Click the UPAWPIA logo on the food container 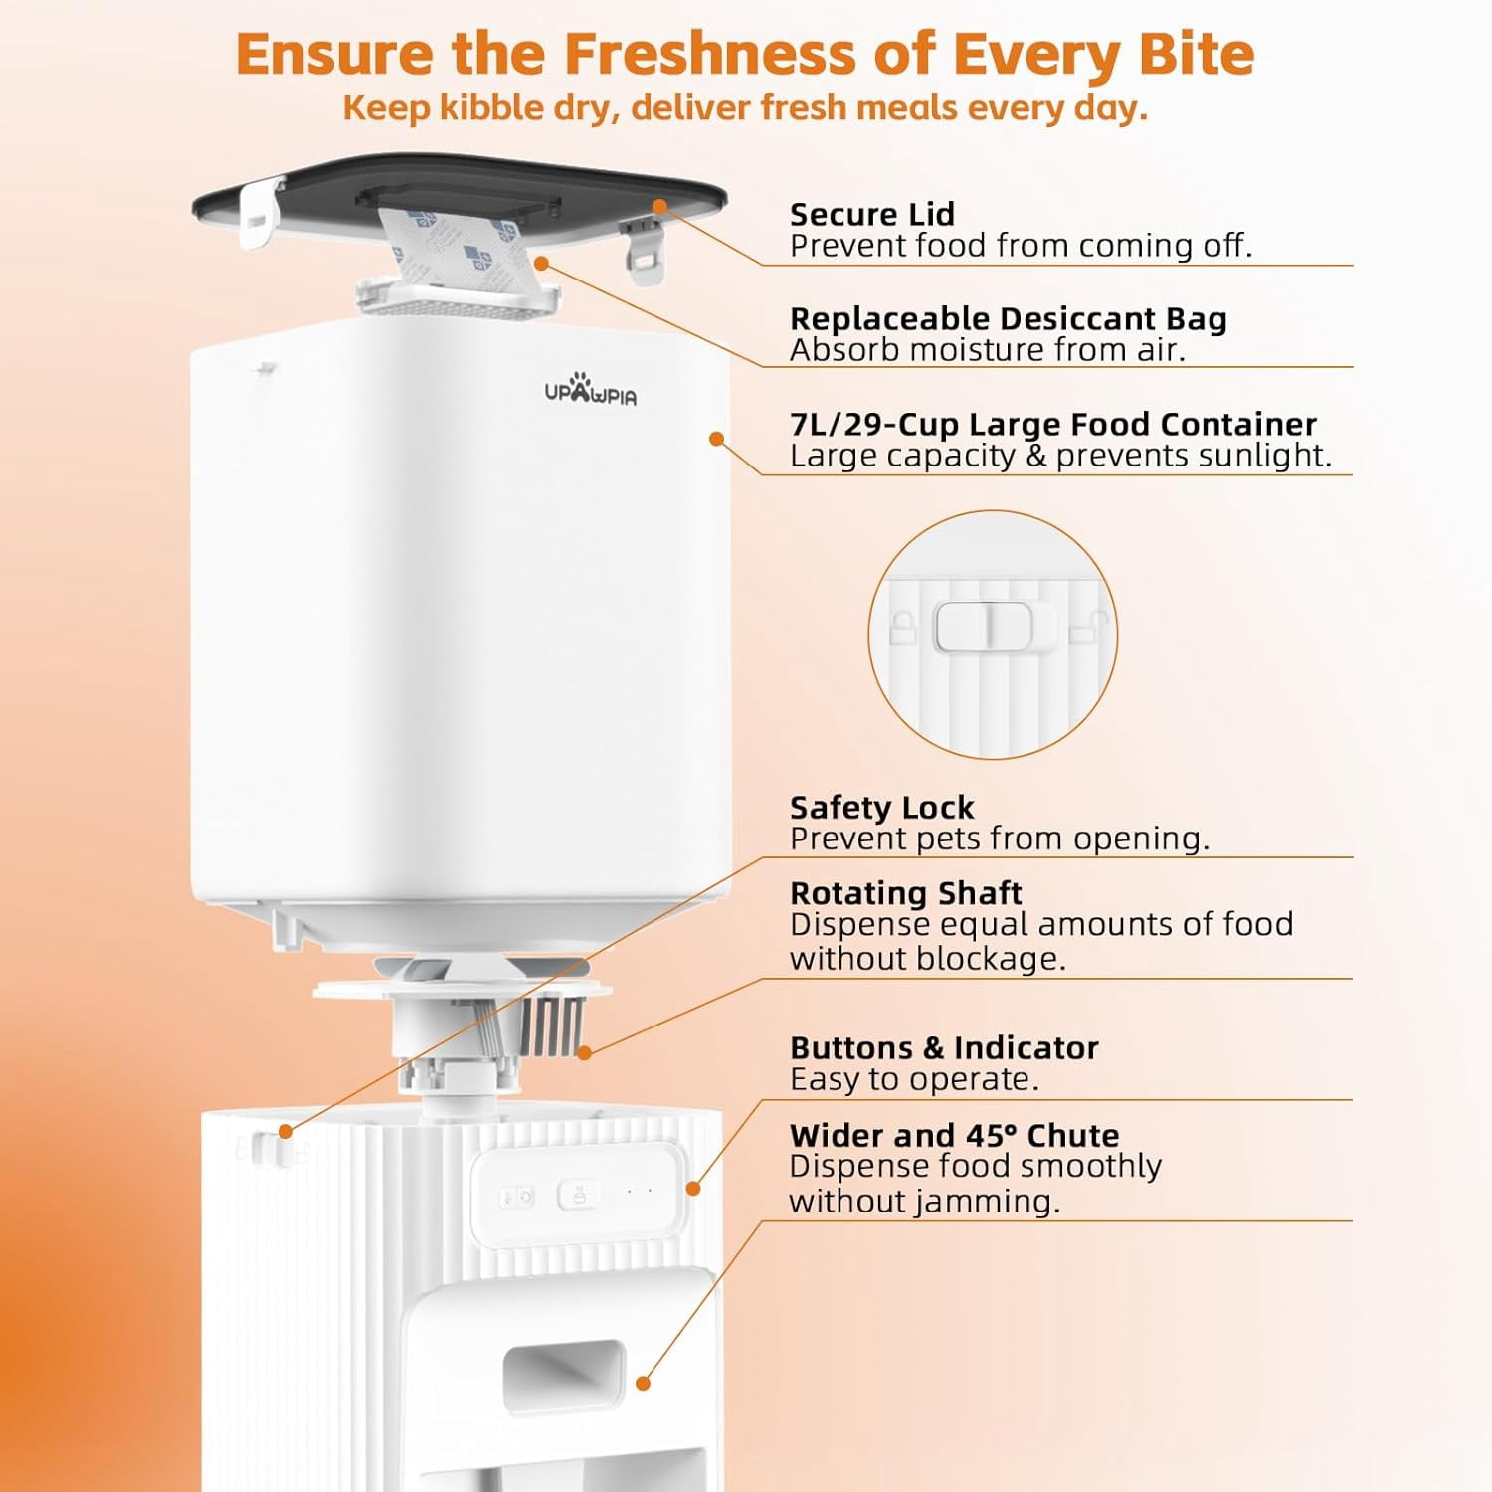tap(590, 389)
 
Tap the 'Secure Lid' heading tap(871, 214)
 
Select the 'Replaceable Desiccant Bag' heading tap(1008, 318)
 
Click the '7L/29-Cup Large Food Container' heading tap(1053, 424)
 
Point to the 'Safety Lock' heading tap(881, 807)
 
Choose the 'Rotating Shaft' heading tap(905, 892)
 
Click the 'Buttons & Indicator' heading tap(944, 1047)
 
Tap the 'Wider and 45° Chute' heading tap(954, 1135)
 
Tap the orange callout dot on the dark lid tap(659, 206)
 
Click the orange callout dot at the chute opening tap(643, 1383)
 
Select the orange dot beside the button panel tap(693, 1188)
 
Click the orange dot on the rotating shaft tap(585, 1052)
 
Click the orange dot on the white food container tap(716, 438)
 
